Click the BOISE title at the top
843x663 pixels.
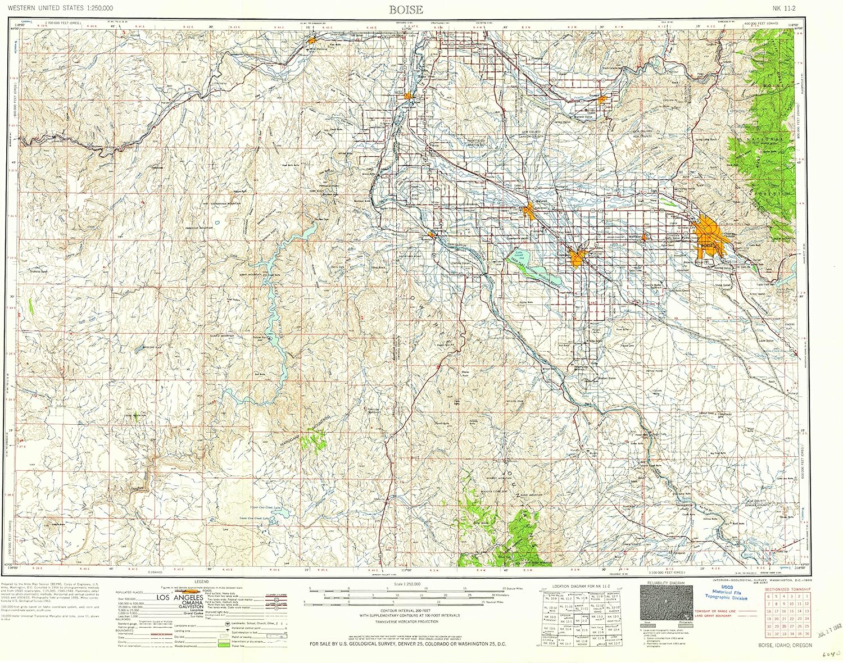point(406,10)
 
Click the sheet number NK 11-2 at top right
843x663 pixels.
point(785,8)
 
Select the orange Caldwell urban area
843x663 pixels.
point(529,211)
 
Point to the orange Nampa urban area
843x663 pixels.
point(577,257)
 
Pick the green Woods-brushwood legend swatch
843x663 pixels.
point(224,646)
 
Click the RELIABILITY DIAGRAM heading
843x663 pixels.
point(666,583)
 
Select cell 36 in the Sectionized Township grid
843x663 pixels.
point(807,634)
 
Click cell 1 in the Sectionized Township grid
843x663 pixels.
point(807,597)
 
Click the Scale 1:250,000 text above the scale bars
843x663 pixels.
point(407,584)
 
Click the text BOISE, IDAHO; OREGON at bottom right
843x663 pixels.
point(785,645)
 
